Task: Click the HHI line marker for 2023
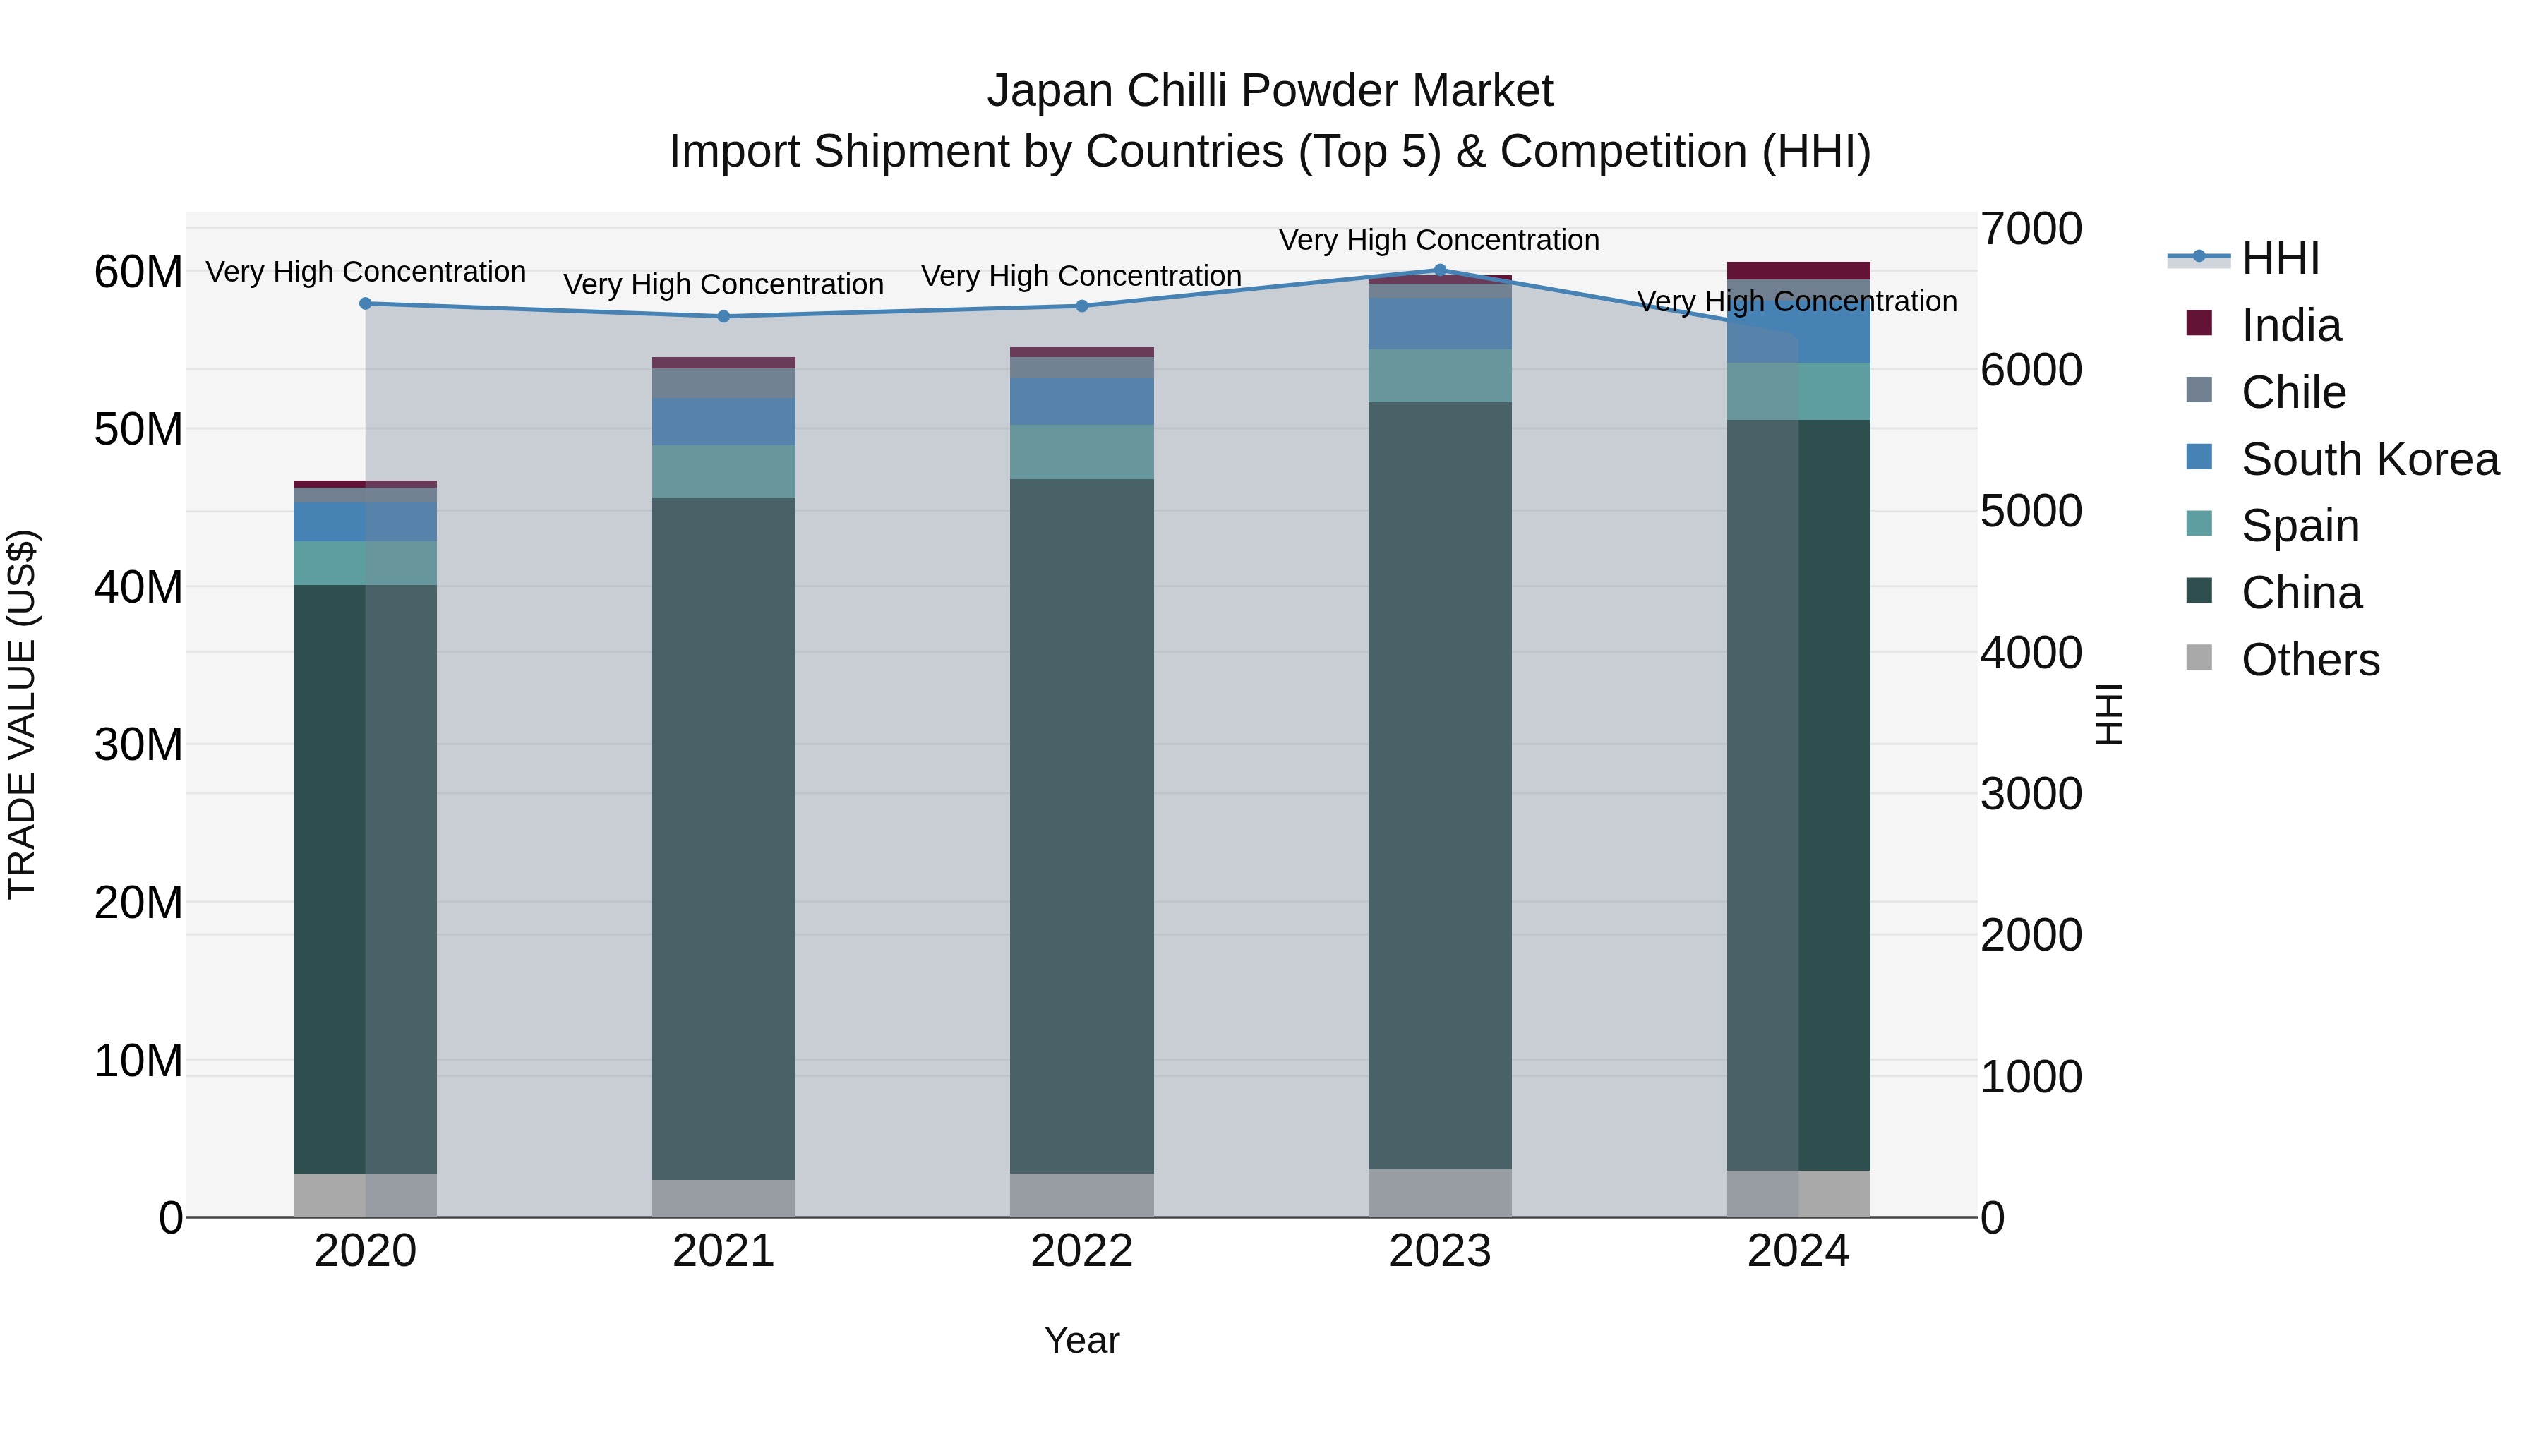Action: pos(1439,270)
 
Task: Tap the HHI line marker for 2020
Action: pos(365,303)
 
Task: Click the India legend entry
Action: pos(2290,325)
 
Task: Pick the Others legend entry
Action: pos(2309,660)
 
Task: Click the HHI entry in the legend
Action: pos(2280,258)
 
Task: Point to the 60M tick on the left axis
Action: pos(138,272)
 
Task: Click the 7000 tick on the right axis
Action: pos(2031,229)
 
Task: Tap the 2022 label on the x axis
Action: pos(1081,1251)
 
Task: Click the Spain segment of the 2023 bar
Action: pos(1439,375)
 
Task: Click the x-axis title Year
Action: pos(1081,1340)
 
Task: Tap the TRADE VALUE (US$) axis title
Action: pos(22,714)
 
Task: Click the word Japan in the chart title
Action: pos(1050,91)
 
